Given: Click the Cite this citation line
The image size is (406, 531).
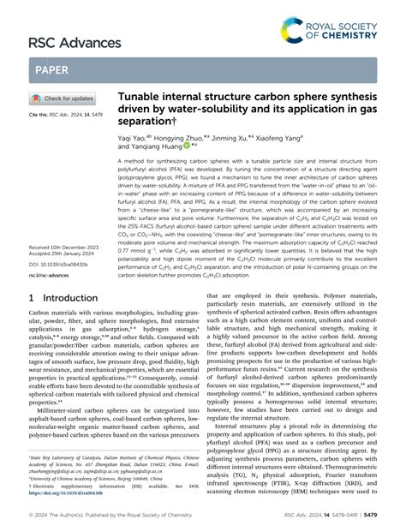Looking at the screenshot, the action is click(x=63, y=114).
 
